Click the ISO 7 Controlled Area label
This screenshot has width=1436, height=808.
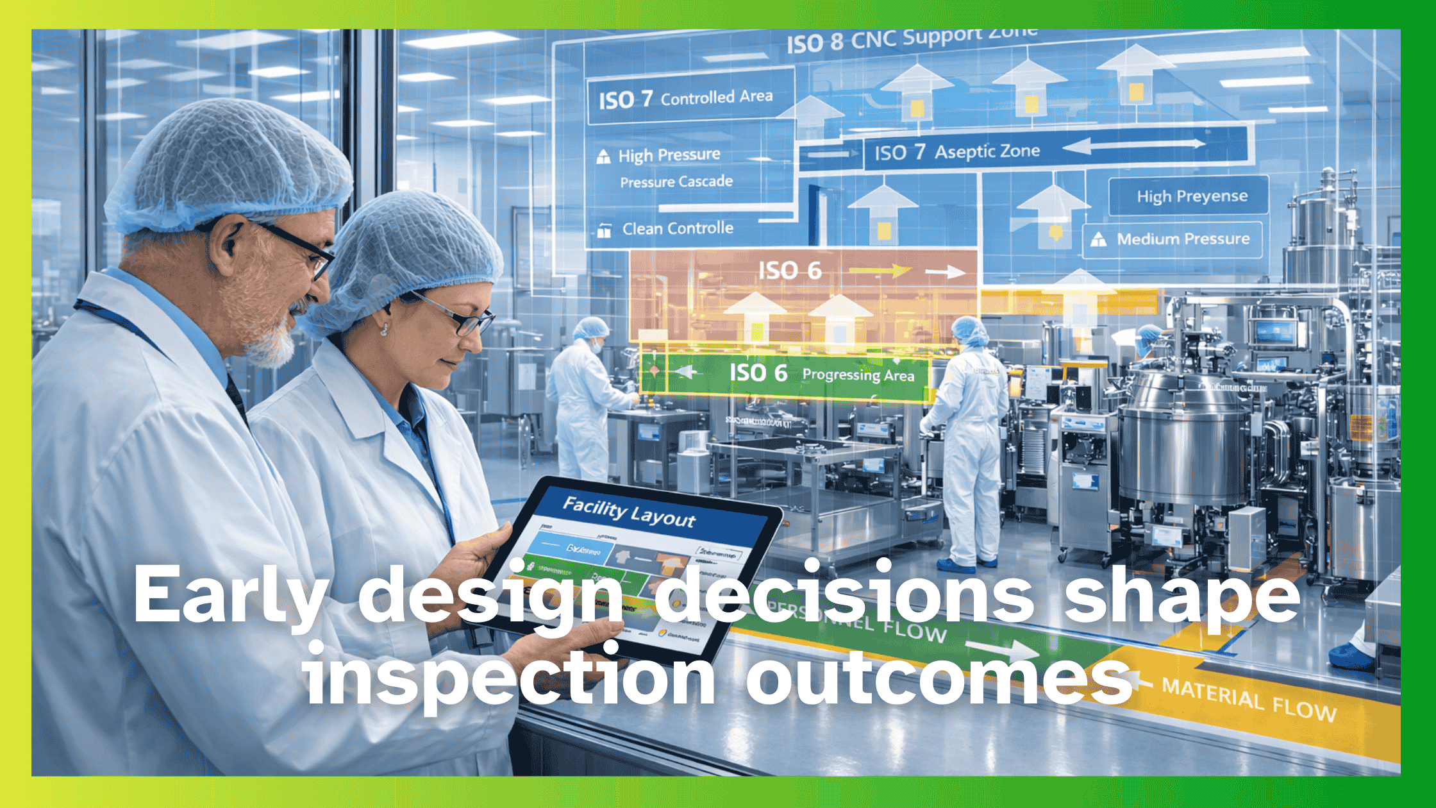pos(686,99)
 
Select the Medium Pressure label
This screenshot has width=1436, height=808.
pos(1183,239)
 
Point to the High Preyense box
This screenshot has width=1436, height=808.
pos(1191,196)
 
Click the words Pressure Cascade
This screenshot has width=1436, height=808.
pos(676,182)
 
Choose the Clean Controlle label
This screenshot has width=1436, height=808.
pos(677,229)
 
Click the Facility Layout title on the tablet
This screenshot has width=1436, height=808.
pos(628,512)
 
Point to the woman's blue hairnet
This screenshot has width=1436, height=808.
pos(410,250)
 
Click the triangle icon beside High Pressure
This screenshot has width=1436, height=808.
pos(603,156)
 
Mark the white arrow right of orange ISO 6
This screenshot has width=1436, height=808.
pos(945,273)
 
